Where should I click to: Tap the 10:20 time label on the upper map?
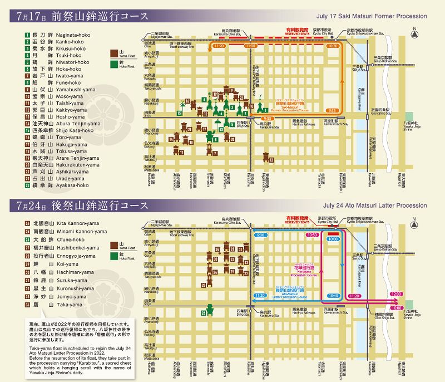pos(333,46)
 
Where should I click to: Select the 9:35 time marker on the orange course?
pos(334,110)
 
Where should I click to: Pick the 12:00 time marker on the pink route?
pos(396,293)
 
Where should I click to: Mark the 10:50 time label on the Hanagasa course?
pos(312,236)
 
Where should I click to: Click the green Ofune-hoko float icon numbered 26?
pos(210,310)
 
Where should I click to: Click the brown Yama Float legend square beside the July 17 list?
pos(114,55)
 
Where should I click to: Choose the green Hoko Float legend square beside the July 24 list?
pos(114,254)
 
